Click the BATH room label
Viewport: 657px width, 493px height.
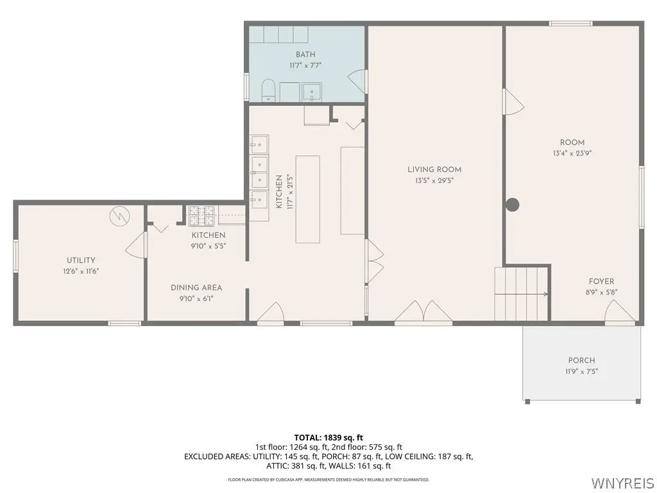[x=305, y=55]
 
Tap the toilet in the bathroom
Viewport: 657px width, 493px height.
[x=268, y=91]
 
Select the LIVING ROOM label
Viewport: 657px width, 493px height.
[x=434, y=169]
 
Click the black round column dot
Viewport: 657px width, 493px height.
[x=513, y=205]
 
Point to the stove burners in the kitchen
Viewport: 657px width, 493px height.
[x=201, y=216]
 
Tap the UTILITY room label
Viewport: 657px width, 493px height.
[x=81, y=261]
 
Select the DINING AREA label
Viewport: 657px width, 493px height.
[x=196, y=288]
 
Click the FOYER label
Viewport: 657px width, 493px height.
[x=601, y=282]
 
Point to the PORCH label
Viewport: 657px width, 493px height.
[x=581, y=361]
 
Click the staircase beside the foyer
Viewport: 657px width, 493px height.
[x=521, y=294]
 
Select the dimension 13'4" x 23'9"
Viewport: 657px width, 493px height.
[x=572, y=153]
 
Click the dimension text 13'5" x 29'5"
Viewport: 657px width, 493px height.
[x=434, y=180]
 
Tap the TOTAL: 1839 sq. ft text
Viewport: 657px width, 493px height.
[x=328, y=438]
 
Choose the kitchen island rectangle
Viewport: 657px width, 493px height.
[x=308, y=199]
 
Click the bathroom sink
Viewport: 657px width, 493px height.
[x=312, y=92]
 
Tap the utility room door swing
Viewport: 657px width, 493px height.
[x=135, y=245]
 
